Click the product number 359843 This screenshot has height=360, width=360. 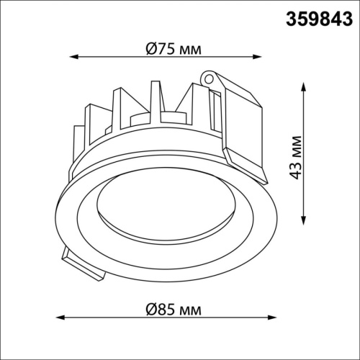316,15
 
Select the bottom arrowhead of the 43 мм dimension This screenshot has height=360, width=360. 302,228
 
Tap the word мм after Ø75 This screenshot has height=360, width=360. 189,50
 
